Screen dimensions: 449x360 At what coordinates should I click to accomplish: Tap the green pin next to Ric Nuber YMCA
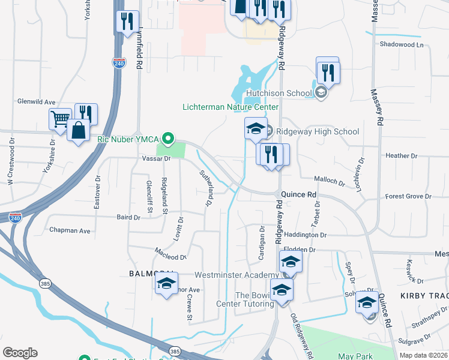click(169, 139)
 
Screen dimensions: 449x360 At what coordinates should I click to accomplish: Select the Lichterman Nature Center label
click(231, 107)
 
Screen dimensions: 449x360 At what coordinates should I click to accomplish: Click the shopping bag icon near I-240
click(79, 129)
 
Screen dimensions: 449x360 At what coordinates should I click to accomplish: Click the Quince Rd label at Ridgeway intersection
click(298, 195)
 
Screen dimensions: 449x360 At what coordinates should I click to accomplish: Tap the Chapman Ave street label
click(70, 230)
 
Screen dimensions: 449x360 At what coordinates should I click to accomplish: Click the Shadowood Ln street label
click(401, 45)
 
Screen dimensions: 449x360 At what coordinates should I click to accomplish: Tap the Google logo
click(20, 353)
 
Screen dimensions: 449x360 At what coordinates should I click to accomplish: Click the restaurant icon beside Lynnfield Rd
click(127, 22)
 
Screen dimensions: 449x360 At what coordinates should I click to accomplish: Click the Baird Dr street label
click(128, 218)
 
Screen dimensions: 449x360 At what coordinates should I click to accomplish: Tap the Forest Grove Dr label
click(408, 196)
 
